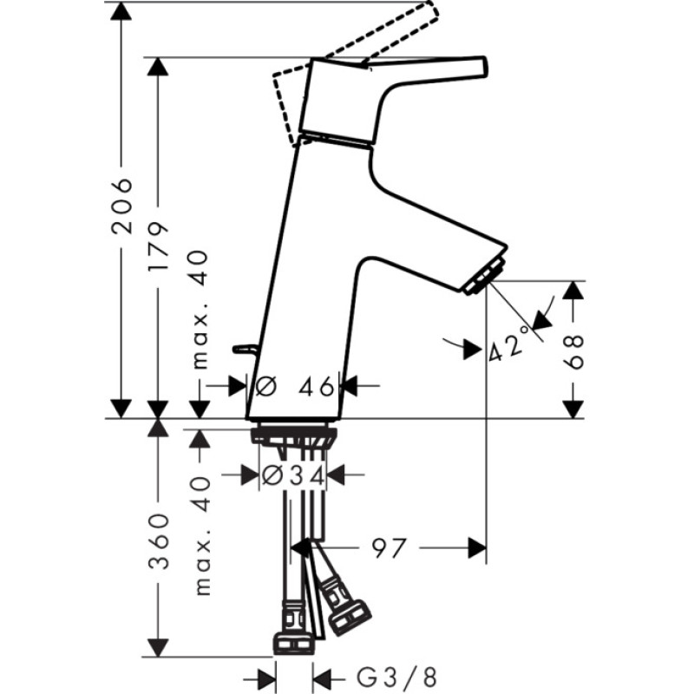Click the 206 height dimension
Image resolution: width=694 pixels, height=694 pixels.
coord(121,206)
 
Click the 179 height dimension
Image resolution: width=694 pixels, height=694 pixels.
coord(158,246)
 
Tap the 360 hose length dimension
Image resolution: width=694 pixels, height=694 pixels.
coord(158,540)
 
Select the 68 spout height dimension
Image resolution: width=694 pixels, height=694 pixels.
coord(573,351)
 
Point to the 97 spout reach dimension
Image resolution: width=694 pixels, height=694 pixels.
coord(389,548)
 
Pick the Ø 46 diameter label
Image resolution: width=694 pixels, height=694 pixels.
coord(295,387)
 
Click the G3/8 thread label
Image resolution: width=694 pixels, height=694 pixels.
coord(397,678)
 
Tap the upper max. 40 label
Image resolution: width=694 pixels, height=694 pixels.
coord(200,310)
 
